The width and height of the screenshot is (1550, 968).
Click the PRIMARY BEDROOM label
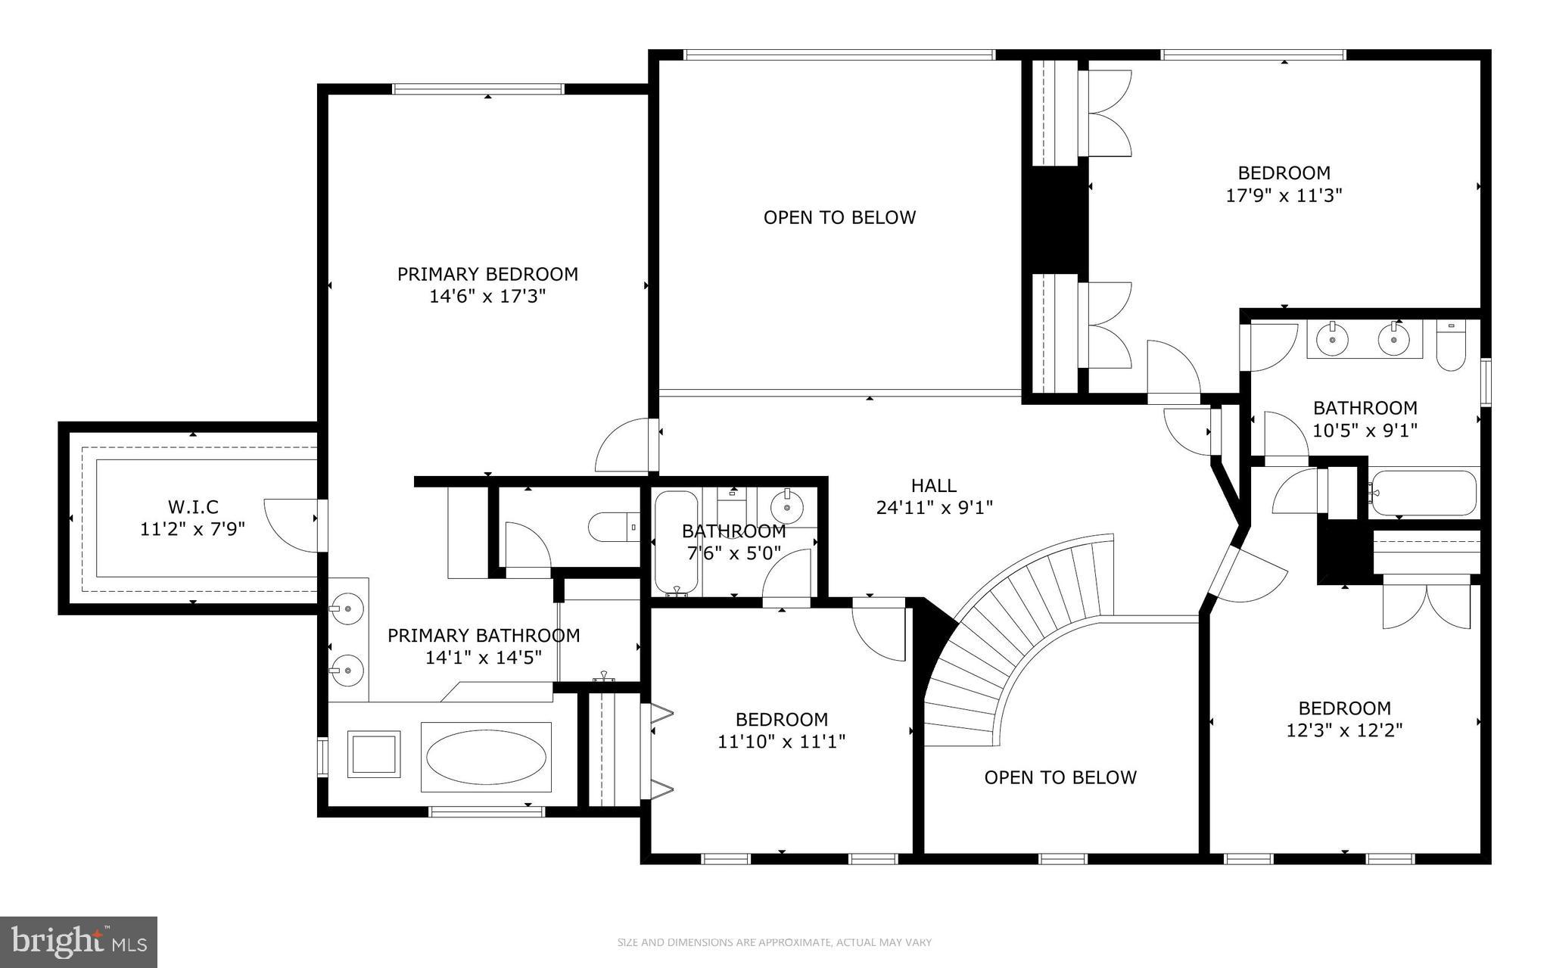(x=487, y=274)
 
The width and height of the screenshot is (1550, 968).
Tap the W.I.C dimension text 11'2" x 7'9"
(x=192, y=529)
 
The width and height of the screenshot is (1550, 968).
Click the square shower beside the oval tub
(x=373, y=755)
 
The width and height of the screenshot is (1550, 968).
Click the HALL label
(x=933, y=485)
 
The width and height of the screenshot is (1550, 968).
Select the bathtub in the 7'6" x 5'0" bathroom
(x=676, y=542)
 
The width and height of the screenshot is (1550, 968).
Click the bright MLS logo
(x=79, y=942)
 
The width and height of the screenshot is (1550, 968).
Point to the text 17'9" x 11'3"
(x=1284, y=196)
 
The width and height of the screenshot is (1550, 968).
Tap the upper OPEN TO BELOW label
(x=839, y=218)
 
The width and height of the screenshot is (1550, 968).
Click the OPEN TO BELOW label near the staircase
(x=1060, y=777)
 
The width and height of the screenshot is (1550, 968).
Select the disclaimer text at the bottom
(x=774, y=942)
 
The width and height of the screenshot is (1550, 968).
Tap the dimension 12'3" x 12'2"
(x=1344, y=731)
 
